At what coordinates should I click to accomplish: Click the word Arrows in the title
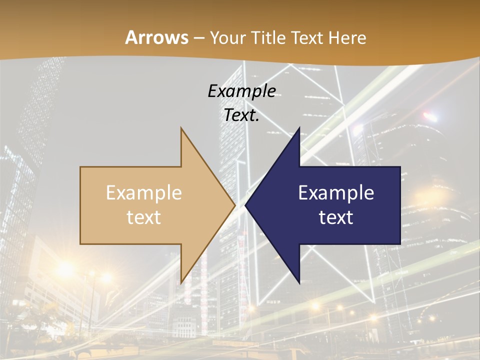pyautogui.click(x=156, y=37)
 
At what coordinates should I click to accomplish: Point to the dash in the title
pyautogui.click(x=199, y=38)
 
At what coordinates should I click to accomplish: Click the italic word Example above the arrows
pyautogui.click(x=242, y=91)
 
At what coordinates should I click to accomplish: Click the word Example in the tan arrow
pyautogui.click(x=144, y=193)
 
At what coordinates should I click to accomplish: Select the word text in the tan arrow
pyautogui.click(x=144, y=217)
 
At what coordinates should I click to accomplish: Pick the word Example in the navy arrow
pyautogui.click(x=336, y=193)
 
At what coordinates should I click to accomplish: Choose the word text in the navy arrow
pyautogui.click(x=336, y=217)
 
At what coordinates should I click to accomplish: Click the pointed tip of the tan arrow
pyautogui.click(x=235, y=205)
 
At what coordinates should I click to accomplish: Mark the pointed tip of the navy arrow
pyautogui.click(x=245, y=205)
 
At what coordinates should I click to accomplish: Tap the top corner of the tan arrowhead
pyautogui.click(x=181, y=128)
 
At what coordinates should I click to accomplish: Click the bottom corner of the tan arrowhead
pyautogui.click(x=181, y=283)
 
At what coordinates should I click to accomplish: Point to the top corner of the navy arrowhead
pyautogui.click(x=299, y=128)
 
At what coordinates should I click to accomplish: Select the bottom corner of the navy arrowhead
pyautogui.click(x=299, y=283)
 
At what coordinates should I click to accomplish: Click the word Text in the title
pyautogui.click(x=307, y=37)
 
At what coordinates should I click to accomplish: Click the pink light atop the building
pyautogui.click(x=429, y=117)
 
